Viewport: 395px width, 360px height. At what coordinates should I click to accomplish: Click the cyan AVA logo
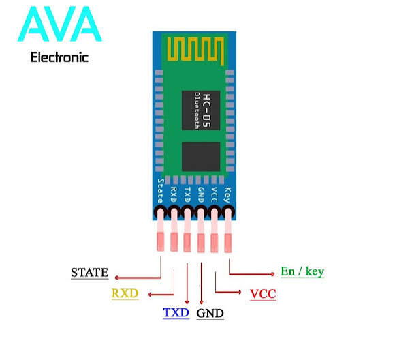click(x=60, y=25)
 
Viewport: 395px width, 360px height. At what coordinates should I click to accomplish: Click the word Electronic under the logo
click(x=59, y=57)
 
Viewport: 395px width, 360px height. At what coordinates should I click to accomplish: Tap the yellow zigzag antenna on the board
click(x=195, y=51)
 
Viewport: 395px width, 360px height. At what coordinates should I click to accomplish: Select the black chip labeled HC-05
click(x=201, y=110)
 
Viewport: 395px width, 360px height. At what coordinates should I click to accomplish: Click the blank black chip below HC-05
click(x=201, y=157)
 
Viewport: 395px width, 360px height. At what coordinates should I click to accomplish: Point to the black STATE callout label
click(x=90, y=273)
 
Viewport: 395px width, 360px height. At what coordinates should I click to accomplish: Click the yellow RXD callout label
click(x=125, y=293)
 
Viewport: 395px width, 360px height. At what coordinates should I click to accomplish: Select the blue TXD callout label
click(x=176, y=312)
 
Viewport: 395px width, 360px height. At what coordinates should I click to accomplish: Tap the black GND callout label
click(x=210, y=314)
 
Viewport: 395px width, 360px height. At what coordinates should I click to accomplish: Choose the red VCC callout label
click(x=263, y=294)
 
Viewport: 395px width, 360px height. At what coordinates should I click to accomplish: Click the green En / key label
click(x=302, y=271)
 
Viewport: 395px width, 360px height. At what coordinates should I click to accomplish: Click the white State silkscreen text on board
click(x=161, y=191)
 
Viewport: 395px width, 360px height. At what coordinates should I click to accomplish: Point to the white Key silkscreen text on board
click(x=227, y=195)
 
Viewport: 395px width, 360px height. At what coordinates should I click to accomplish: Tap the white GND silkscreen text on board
click(x=201, y=195)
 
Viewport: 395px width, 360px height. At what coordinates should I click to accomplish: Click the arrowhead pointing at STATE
click(x=116, y=277)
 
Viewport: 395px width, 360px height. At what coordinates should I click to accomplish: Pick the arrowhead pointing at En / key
click(x=273, y=274)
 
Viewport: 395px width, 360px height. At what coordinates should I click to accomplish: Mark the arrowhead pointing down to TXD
click(x=187, y=302)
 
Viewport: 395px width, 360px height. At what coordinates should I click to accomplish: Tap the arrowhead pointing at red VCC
click(x=239, y=292)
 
